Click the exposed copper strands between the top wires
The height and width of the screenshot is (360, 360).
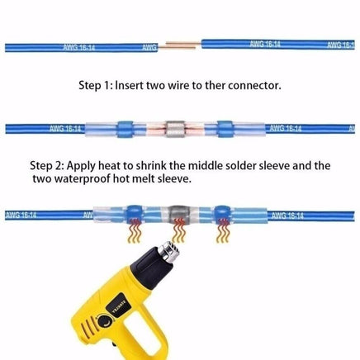pyautogui.click(x=179, y=45)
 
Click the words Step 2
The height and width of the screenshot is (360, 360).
pyautogui.click(x=47, y=166)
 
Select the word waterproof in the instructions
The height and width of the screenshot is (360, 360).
pyautogui.click(x=83, y=179)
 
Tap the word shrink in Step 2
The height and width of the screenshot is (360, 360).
pyautogui.click(x=151, y=166)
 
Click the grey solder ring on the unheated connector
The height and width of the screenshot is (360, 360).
pyautogui.click(x=175, y=129)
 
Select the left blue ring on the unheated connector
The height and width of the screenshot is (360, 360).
pyautogui.click(x=126, y=129)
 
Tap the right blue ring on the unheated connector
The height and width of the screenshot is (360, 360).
pyautogui.click(x=225, y=129)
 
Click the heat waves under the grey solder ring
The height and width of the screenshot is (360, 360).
pyautogui.click(x=178, y=230)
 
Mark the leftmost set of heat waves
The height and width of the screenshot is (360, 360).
pyautogui.click(x=135, y=230)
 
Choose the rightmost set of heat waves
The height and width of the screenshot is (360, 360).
pyautogui.click(x=223, y=230)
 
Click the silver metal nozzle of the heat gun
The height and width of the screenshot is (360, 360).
pyautogui.click(x=171, y=251)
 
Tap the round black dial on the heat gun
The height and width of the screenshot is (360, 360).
pyautogui.click(x=105, y=322)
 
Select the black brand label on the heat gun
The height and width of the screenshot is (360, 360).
pyautogui.click(x=119, y=306)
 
